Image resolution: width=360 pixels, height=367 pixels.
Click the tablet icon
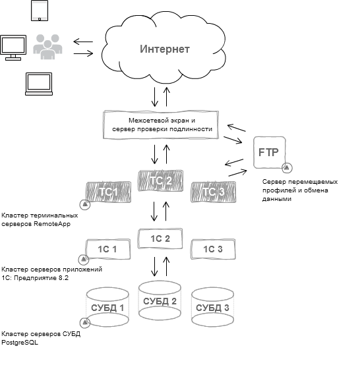(40, 11)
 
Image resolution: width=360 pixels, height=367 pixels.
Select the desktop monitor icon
(13, 47)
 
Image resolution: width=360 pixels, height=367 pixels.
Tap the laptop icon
(39, 84)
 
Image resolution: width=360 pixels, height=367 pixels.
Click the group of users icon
(47, 47)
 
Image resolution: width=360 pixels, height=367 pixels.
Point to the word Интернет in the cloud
(165, 49)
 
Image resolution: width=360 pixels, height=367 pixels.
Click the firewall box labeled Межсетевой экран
(161, 125)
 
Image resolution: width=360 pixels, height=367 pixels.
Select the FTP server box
(270, 152)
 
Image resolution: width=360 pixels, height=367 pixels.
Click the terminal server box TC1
(108, 192)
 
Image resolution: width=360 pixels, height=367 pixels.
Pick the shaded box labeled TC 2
(161, 181)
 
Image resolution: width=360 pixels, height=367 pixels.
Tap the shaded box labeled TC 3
(214, 192)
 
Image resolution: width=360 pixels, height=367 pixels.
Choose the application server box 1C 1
(107, 249)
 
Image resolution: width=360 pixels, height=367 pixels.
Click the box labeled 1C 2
(160, 239)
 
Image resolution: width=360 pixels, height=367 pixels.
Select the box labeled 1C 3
(213, 249)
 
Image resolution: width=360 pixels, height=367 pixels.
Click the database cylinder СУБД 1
(107, 308)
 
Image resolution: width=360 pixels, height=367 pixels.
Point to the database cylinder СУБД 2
(160, 301)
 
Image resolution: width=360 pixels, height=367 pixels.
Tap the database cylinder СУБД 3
(212, 308)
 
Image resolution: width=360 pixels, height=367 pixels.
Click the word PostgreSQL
(20, 343)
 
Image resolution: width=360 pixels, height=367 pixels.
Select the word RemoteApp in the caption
(52, 224)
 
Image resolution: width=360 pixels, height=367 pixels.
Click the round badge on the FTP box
(287, 167)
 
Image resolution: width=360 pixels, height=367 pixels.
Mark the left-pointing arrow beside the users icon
(83, 42)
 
